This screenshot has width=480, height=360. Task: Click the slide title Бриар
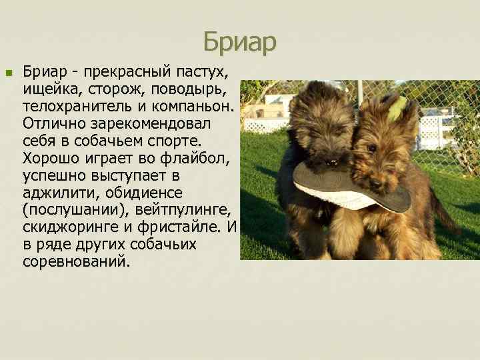click(239, 42)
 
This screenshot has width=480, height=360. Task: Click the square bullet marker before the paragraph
click(8, 73)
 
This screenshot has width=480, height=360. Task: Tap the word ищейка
click(50, 89)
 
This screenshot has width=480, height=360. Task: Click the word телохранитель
click(71, 106)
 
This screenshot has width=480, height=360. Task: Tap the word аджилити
click(55, 193)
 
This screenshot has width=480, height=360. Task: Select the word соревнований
click(73, 262)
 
